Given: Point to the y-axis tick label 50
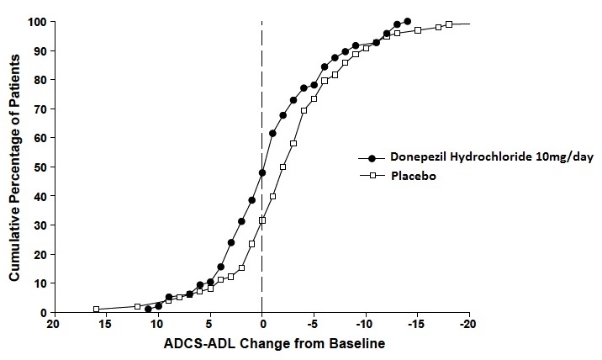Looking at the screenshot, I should [39, 167].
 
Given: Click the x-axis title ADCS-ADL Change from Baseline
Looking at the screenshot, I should [261, 344].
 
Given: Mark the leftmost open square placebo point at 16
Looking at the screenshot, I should [96, 309].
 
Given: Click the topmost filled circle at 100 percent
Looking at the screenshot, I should [407, 22].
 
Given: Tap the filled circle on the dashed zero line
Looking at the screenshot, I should [262, 172].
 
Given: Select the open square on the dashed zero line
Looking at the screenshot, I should [262, 220].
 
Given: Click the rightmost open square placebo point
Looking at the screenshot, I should [449, 24].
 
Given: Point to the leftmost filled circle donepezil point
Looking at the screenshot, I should [148, 309].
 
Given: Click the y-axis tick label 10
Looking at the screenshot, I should [39, 283].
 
